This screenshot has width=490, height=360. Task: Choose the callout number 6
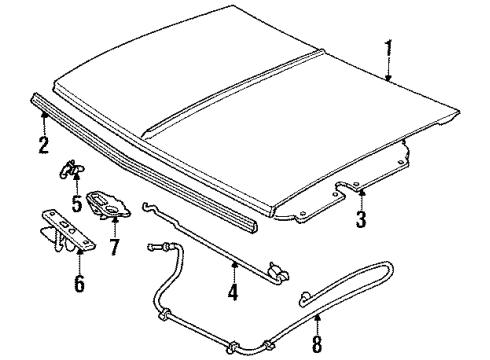(x=78, y=284)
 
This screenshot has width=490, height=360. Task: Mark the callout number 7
(x=114, y=246)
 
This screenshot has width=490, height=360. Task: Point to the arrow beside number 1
(x=388, y=70)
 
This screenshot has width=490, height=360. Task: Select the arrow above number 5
(x=76, y=185)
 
